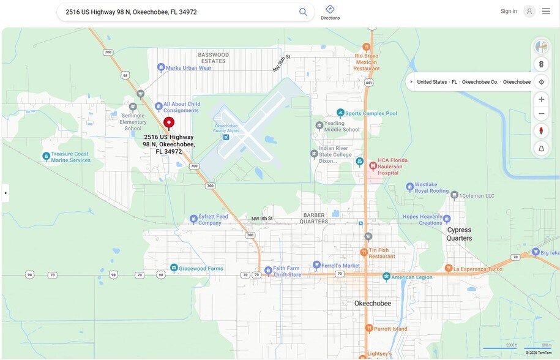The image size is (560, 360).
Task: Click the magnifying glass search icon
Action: click(x=303, y=12)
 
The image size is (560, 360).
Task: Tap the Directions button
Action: click(x=330, y=12)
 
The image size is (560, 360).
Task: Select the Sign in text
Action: click(x=508, y=11)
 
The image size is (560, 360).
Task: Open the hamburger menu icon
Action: click(x=546, y=11)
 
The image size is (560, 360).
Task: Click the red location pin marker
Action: click(x=169, y=122)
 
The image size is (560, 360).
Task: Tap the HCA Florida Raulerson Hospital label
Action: click(x=392, y=167)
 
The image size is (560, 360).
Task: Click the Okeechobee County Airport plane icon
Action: click(x=226, y=137)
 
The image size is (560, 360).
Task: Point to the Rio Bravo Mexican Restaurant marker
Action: click(x=366, y=47)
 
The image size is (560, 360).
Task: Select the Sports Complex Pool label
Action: click(x=371, y=113)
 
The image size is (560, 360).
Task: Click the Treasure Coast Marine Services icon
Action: click(x=47, y=157)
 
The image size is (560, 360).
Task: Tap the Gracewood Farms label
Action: click(x=201, y=268)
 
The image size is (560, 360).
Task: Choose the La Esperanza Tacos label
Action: click(x=478, y=268)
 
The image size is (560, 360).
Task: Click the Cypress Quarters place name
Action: click(x=459, y=234)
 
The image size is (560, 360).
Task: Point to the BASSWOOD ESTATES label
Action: click(x=214, y=58)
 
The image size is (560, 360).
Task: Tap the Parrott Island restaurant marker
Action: click(x=368, y=329)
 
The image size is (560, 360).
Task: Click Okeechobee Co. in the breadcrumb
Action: click(x=480, y=82)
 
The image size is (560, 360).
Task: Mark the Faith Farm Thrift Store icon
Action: click(x=267, y=271)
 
